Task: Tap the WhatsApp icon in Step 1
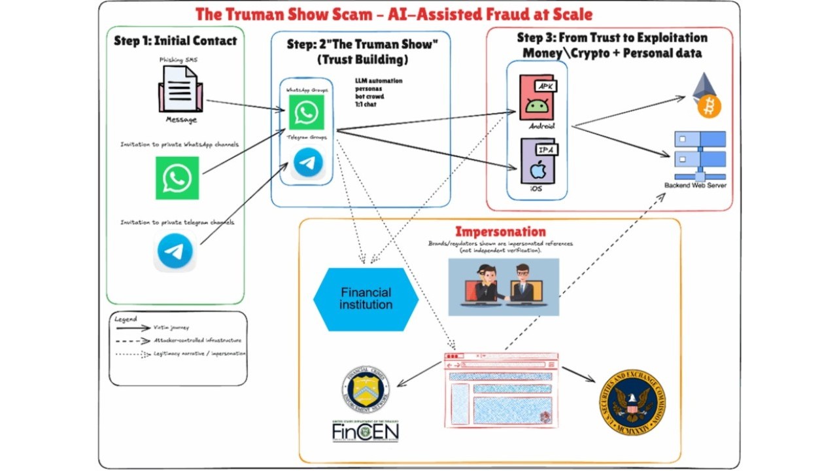pyautogui.click(x=177, y=178)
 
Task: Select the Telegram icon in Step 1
pyautogui.click(x=175, y=251)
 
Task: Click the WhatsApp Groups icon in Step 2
pyautogui.click(x=306, y=112)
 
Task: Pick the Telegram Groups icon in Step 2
pyautogui.click(x=307, y=163)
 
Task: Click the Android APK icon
pyautogui.click(x=536, y=97)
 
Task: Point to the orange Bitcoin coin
pyautogui.click(x=709, y=106)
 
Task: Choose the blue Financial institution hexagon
pyautogui.click(x=366, y=298)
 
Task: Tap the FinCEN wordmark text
pyautogui.click(x=365, y=432)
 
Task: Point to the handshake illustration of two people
pyautogui.click(x=504, y=287)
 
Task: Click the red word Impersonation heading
pyautogui.click(x=500, y=231)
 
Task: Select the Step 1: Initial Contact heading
pyautogui.click(x=175, y=41)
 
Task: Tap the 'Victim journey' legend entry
pyautogui.click(x=171, y=327)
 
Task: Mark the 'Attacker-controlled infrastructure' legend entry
pyautogui.click(x=197, y=340)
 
